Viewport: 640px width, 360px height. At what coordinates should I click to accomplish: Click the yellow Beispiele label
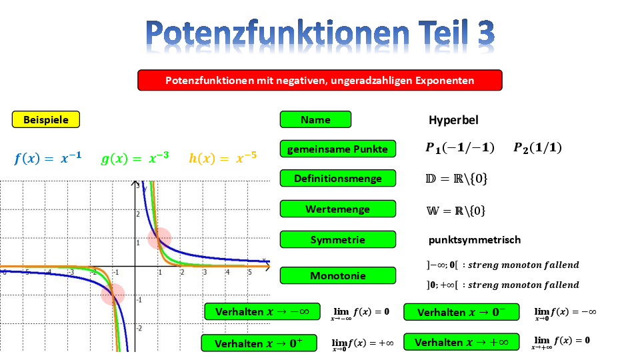coord(46,119)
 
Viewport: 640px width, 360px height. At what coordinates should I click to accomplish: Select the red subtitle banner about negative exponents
coord(319,80)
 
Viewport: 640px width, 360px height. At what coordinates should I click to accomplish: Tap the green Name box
coord(315,119)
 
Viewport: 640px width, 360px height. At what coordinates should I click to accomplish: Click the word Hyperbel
coord(453,120)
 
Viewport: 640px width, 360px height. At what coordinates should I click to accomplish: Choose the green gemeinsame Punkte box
coord(337,149)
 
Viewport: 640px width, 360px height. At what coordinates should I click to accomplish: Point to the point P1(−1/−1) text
coord(459,148)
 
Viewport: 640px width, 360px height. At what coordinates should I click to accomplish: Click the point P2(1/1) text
coord(537,148)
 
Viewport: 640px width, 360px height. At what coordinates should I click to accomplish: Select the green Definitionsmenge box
coord(337,179)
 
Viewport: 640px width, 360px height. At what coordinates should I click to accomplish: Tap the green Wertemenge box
coord(337,209)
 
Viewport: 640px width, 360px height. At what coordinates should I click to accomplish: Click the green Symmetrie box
coord(337,239)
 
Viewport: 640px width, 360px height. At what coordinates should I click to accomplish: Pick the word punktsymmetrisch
coord(474,239)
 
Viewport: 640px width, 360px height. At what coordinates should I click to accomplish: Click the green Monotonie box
coord(337,275)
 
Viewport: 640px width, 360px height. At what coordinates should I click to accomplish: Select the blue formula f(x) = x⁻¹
coord(48,157)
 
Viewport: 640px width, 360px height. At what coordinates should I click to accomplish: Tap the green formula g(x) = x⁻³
coord(135,157)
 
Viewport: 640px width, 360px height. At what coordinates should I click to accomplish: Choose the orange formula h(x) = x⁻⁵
coord(223,157)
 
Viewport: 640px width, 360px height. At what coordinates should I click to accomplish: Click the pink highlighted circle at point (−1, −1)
coord(113,294)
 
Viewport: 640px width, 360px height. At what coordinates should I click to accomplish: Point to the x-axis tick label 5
coord(250,272)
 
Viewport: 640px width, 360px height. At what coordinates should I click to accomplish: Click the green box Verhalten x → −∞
coord(262,312)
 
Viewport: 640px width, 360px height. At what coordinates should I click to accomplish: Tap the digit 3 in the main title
coord(486,33)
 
